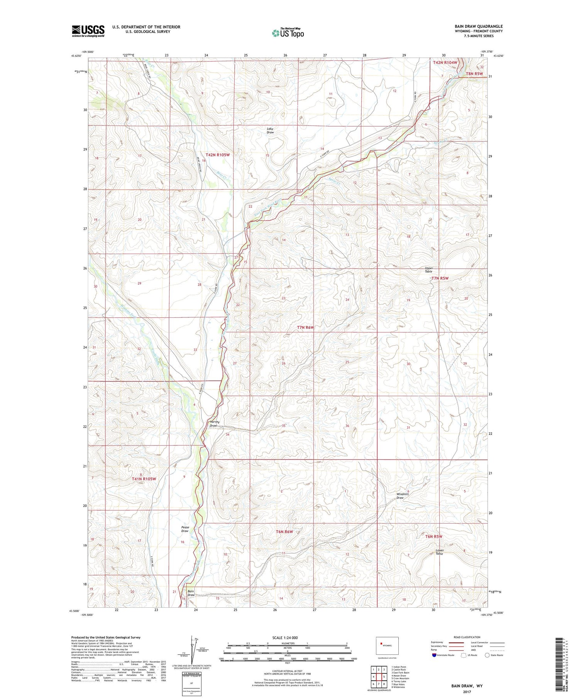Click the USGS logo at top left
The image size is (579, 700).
point(88,31)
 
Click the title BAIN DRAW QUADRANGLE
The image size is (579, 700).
point(478,26)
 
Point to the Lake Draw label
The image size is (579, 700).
point(270,131)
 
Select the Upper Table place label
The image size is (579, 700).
point(428,269)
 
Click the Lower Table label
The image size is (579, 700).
point(439,552)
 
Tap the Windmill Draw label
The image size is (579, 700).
point(402,496)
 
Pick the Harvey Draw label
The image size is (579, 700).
point(215,424)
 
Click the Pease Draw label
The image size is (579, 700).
point(185,529)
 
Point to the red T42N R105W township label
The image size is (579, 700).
point(217,154)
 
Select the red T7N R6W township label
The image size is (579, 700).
point(305,327)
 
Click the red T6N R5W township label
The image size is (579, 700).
point(433,536)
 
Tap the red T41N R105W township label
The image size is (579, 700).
point(144,479)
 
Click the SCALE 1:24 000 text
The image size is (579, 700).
point(285,637)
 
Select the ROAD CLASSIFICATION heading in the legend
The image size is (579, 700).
point(467,637)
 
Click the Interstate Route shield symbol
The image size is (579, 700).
point(434,655)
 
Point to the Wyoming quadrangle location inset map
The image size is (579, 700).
point(387,646)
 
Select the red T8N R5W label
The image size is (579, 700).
point(474,73)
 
